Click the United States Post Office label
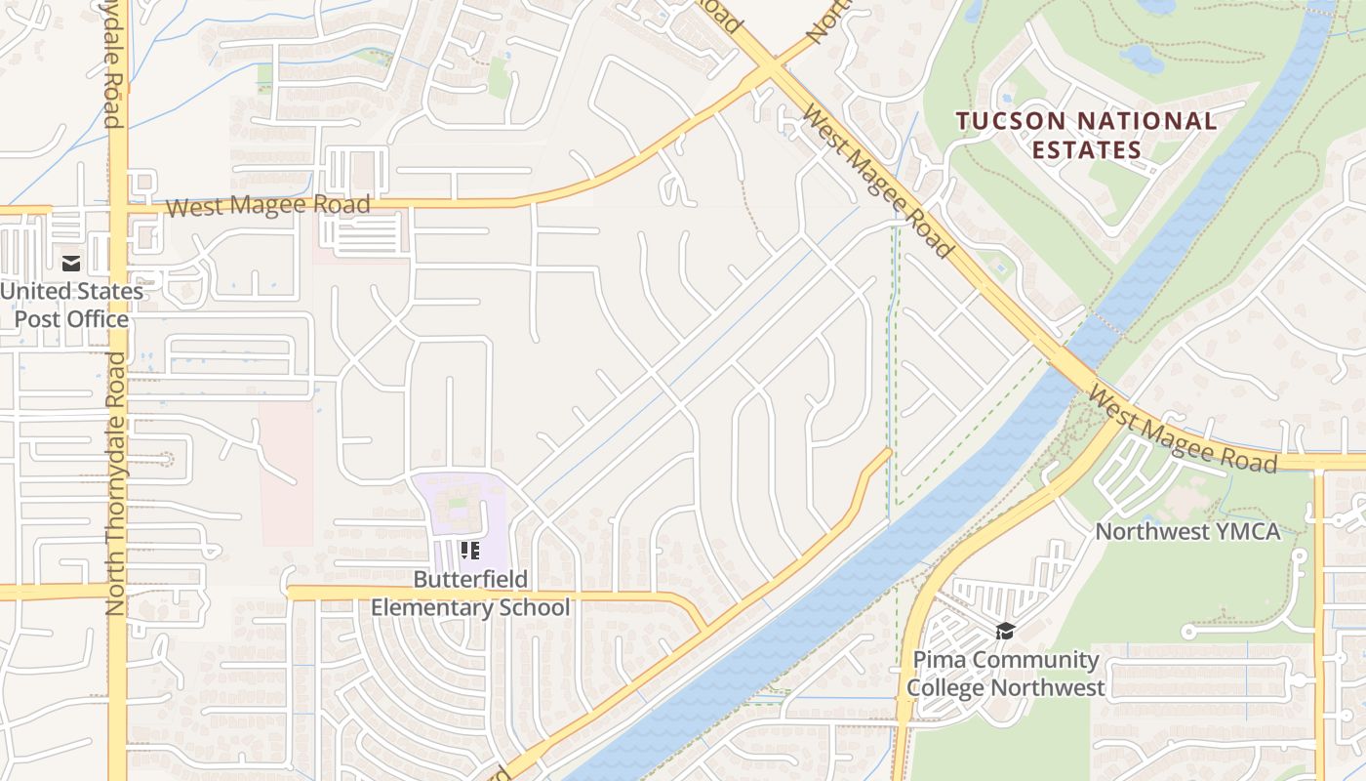[70, 305]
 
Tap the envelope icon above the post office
[71, 263]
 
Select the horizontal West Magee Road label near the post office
[267, 206]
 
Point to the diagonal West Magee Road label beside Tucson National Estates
[875, 182]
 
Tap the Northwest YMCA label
[1186, 532]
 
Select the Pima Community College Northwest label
[1006, 674]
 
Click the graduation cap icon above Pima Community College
[1005, 631]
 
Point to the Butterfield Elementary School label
[469, 594]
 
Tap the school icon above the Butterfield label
[470, 551]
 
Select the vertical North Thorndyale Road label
[116, 483]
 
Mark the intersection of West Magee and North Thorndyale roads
[117, 209]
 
